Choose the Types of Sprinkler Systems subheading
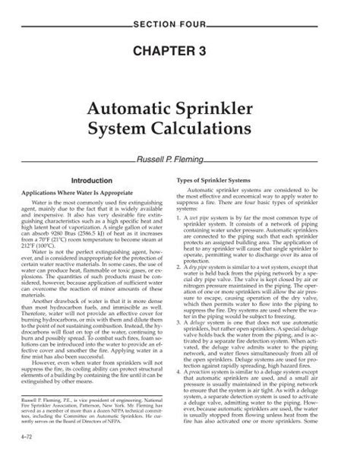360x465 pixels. click(x=217, y=180)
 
